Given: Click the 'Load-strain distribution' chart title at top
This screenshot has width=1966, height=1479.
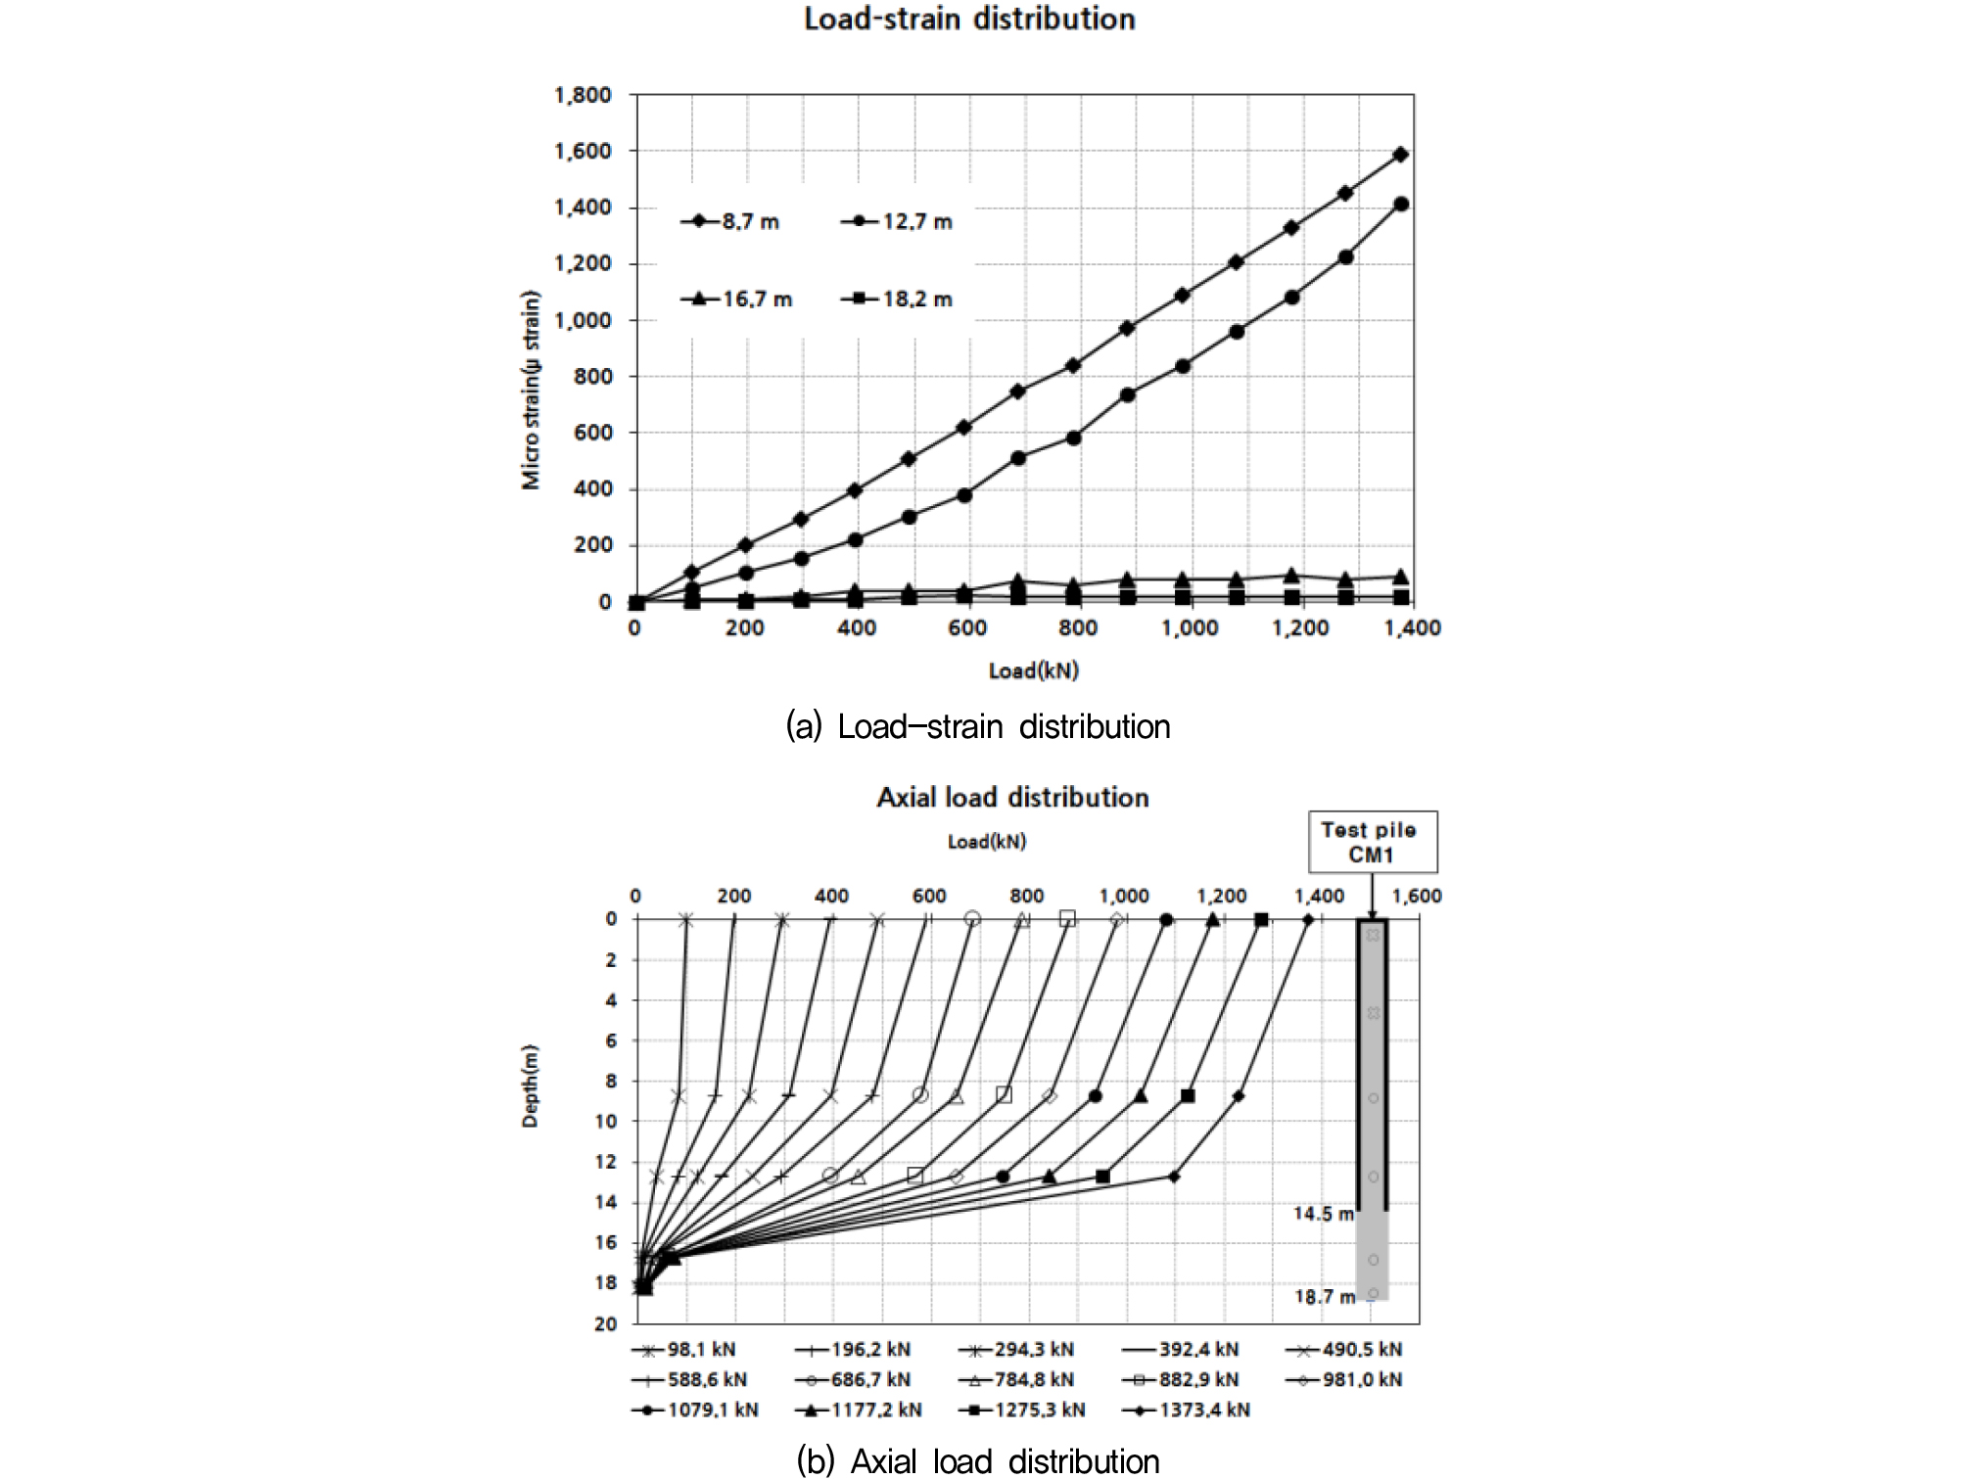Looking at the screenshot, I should pos(969,20).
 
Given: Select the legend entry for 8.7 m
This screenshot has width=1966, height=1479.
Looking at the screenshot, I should pos(730,222).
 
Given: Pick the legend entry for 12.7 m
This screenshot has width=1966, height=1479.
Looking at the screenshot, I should pos(897,222).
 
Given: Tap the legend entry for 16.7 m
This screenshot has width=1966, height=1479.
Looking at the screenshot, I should pos(736,300).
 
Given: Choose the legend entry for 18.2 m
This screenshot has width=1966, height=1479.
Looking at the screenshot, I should pos(897,300).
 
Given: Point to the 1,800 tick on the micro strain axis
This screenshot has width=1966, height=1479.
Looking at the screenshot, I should pos(583,95).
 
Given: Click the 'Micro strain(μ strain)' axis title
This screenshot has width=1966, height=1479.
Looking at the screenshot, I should pos(531,390).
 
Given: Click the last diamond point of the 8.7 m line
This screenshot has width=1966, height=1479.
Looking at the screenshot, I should pos(1401,155).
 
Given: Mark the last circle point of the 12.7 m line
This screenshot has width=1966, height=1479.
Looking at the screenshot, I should pos(1401,205).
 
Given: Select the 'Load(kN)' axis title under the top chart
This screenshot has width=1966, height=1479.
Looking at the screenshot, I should pos(1033,670).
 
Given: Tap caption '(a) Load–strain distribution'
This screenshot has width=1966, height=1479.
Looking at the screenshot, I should pos(977,726).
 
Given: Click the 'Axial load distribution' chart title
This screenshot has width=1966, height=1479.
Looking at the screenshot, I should pos(1012,798).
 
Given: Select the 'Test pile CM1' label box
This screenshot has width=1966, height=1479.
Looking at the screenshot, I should pos(1372,842).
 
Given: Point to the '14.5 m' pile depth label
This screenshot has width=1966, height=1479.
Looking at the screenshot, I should pos(1323,1214).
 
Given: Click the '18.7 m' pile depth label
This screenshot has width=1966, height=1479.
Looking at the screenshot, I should pos(1324,1297).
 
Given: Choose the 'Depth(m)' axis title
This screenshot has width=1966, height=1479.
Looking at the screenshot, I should pos(531,1086).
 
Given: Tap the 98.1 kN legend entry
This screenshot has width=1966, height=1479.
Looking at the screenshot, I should pos(684,1350).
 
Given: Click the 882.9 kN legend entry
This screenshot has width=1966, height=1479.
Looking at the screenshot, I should pos(1182,1380).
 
